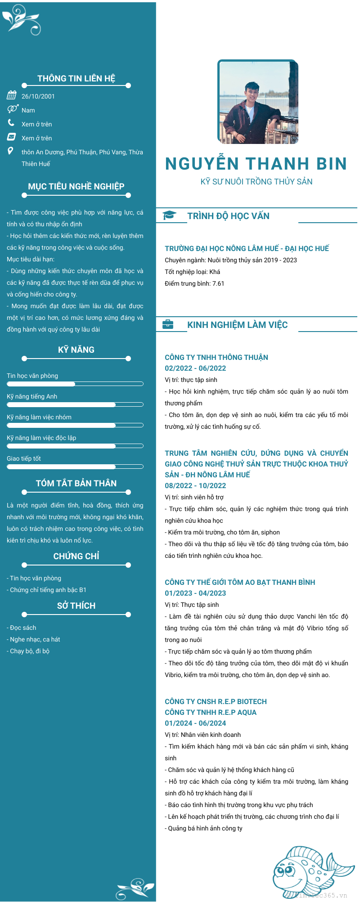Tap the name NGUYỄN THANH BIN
click(x=256, y=164)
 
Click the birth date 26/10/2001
click(x=38, y=96)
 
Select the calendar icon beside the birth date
click(x=12, y=95)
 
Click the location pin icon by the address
click(x=10, y=151)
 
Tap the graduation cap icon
click(x=169, y=215)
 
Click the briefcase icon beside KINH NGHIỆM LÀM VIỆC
click(x=168, y=324)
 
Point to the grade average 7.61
click(x=218, y=283)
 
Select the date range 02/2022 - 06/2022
click(x=195, y=368)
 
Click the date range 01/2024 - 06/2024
click(x=195, y=723)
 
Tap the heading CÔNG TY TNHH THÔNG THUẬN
click(x=216, y=357)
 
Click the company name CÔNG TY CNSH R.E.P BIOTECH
click(x=216, y=701)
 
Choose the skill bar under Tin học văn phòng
click(x=75, y=384)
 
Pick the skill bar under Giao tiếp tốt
click(x=75, y=467)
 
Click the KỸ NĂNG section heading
click(x=76, y=350)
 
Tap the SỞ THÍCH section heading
click(x=76, y=606)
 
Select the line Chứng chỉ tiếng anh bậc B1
click(x=47, y=590)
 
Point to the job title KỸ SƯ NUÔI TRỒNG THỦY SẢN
click(x=256, y=182)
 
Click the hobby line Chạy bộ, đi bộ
click(x=28, y=651)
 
